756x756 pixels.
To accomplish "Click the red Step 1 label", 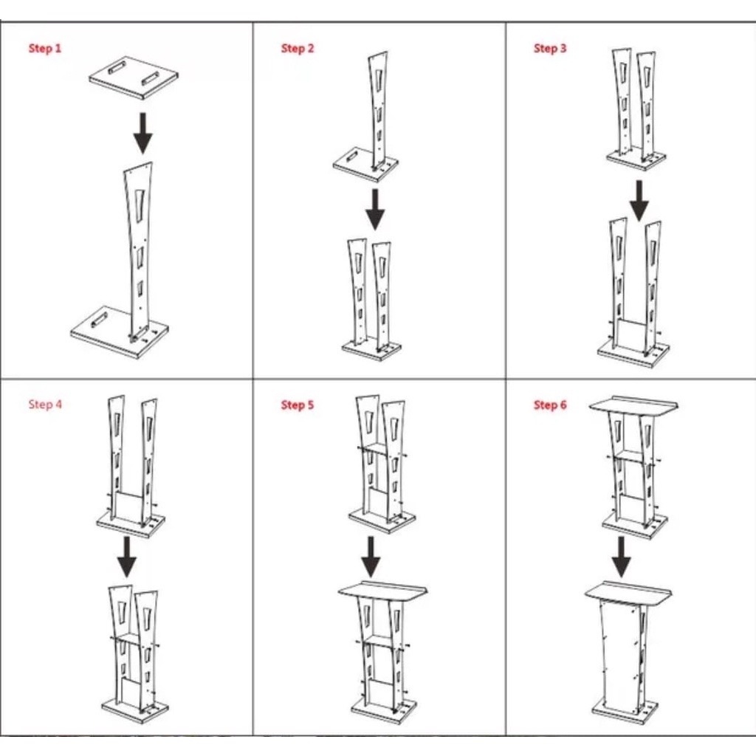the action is (45, 48).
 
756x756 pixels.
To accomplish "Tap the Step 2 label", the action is (298, 48).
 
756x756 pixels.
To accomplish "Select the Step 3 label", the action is (550, 48).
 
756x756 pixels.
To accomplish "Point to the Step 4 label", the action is (45, 404).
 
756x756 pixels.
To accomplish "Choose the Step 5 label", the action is (298, 405).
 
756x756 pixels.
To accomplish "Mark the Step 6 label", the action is (550, 405).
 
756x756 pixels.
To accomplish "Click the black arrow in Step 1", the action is (142, 134).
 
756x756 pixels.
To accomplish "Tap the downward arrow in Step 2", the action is (375, 209).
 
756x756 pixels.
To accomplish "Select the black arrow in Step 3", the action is (639, 201).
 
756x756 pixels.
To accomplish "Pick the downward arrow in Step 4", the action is (127, 557).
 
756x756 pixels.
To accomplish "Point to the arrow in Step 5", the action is (371, 557).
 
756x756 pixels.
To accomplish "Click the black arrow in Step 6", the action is (622, 557).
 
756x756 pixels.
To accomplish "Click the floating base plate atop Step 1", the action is (134, 78).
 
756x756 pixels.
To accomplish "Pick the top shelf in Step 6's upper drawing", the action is (633, 405).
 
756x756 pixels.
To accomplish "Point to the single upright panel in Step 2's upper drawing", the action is (377, 111).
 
